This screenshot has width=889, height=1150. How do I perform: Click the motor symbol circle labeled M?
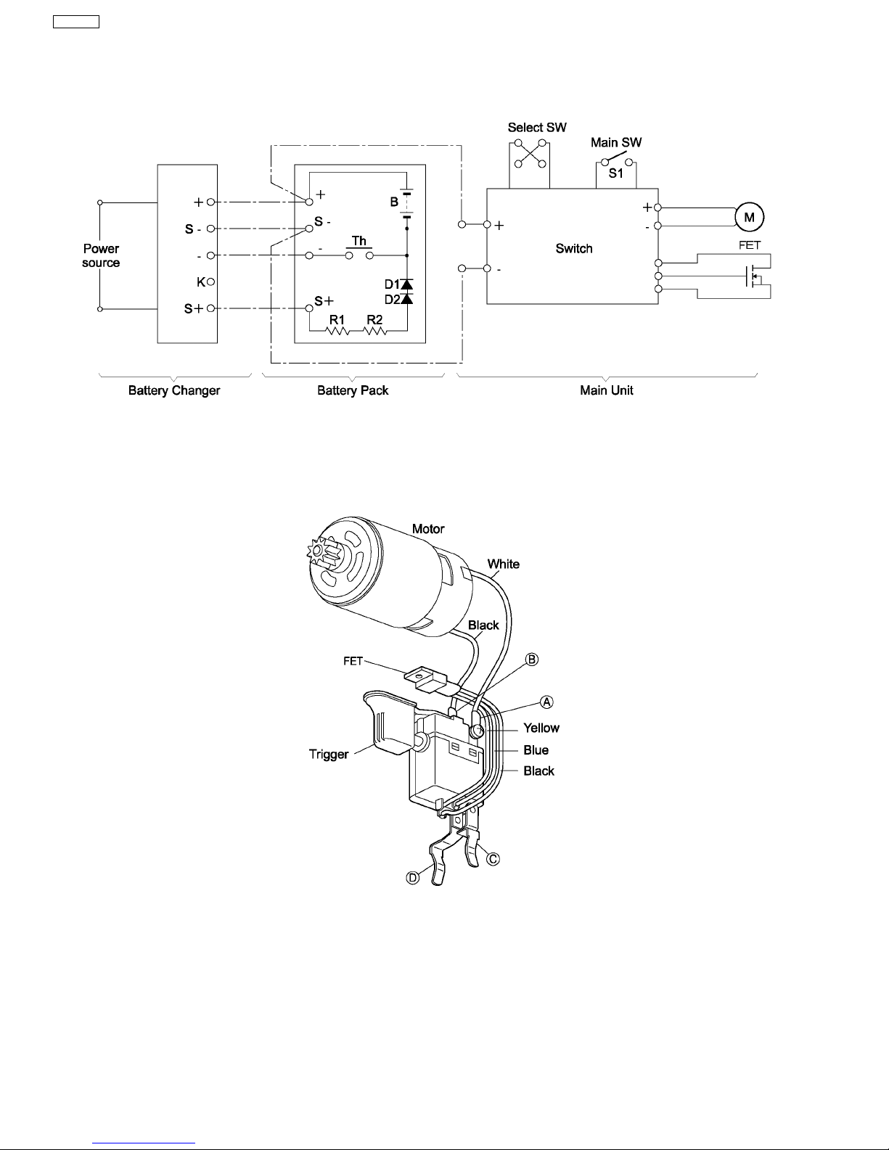coord(749,217)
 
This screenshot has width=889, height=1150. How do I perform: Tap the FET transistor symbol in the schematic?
coord(753,276)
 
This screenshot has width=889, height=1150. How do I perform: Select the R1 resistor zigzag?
coord(337,332)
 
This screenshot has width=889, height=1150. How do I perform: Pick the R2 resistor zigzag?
coord(374,332)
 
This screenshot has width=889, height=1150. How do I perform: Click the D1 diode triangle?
coord(407,284)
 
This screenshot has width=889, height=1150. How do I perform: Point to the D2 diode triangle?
coord(407,299)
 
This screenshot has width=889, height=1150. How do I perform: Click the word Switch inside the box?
coord(573,249)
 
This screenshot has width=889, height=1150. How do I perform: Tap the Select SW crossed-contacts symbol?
coord(530,154)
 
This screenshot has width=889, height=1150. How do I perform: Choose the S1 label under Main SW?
coord(615,173)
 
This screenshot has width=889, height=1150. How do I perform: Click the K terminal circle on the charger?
coord(210,282)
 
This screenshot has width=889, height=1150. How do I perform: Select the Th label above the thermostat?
coord(359,241)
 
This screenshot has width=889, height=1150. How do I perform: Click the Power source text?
coord(101,255)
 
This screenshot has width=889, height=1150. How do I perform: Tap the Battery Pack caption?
coord(353,390)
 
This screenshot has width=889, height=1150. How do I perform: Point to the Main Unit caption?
coord(607,390)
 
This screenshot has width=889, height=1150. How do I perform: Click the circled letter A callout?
coord(546,702)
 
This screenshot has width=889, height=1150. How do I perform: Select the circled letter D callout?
coord(412,878)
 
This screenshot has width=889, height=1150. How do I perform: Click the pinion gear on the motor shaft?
coord(319,551)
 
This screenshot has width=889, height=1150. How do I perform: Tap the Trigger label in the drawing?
coord(329,754)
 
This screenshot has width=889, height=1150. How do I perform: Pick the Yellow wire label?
coord(541,728)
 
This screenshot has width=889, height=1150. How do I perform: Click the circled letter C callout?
coord(493,859)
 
